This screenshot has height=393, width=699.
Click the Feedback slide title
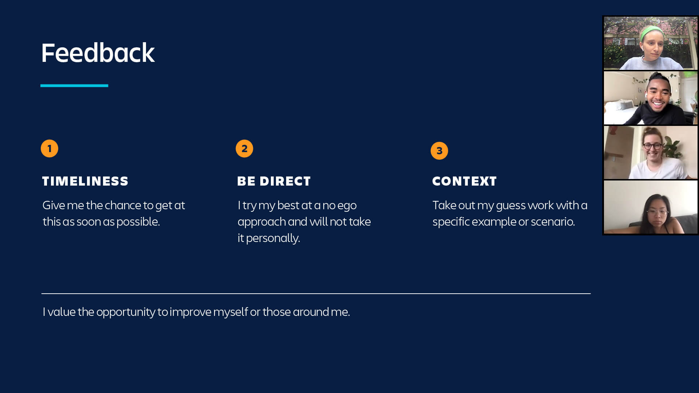[98, 53]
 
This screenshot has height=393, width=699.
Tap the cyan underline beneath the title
[74, 86]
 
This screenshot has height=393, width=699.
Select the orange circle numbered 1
[50, 148]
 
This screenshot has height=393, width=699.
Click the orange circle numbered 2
[244, 148]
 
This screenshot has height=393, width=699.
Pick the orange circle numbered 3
[439, 151]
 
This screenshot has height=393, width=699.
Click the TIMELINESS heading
[85, 181]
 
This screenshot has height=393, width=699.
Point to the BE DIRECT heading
[274, 181]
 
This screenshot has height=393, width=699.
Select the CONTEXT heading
[464, 181]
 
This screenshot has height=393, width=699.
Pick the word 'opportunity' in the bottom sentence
[126, 312]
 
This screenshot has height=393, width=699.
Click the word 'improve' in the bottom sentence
[190, 312]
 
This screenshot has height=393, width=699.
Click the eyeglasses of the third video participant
[652, 146]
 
